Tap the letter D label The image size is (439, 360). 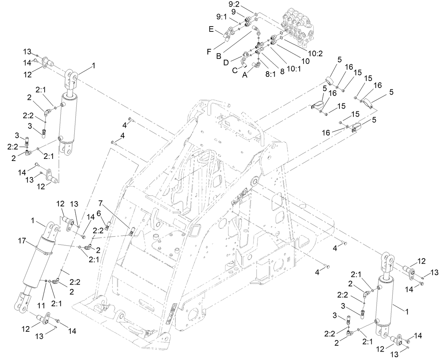coord(236,63)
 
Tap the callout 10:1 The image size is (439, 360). coord(293,69)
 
